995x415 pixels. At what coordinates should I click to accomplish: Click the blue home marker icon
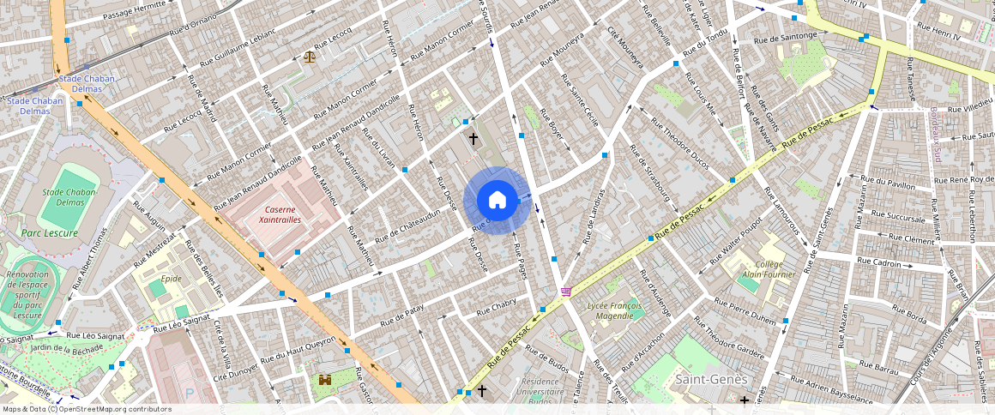[497, 201]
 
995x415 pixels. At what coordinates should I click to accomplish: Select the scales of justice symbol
[309, 57]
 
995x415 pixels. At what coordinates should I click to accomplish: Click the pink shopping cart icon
[565, 292]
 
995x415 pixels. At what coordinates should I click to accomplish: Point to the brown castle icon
[326, 379]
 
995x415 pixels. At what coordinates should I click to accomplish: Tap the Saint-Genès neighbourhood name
[712, 379]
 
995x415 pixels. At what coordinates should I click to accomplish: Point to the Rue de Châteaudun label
[407, 224]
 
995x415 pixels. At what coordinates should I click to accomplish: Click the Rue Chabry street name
[496, 305]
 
